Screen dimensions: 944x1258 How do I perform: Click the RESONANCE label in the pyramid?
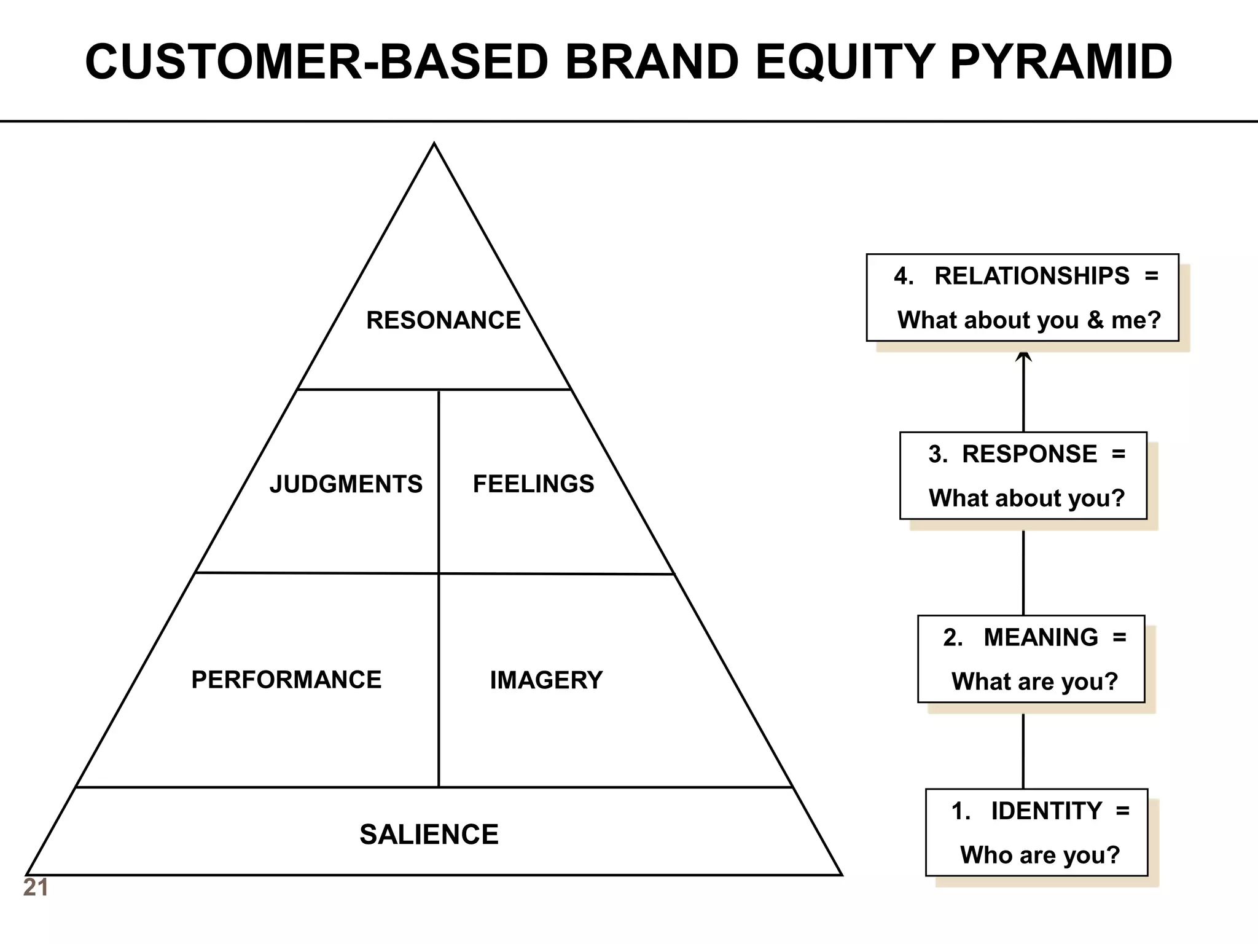point(443,320)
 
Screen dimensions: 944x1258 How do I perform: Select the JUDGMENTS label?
point(346,484)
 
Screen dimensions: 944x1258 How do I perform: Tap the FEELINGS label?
point(533,484)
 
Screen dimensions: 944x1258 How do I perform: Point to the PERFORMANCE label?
point(286,680)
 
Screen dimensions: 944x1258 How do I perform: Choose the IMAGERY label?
point(546,680)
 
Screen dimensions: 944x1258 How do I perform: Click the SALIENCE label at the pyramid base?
point(429,835)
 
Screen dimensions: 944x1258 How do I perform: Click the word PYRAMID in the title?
point(1061,62)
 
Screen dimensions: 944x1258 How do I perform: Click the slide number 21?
point(35,888)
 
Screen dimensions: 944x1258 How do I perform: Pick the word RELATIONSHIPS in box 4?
point(1031,276)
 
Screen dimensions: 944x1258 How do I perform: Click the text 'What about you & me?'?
point(1029,320)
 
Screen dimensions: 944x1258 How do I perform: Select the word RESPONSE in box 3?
point(1029,454)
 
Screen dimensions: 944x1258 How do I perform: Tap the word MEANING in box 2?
point(1041,637)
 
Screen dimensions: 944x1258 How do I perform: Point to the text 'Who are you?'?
point(1040,855)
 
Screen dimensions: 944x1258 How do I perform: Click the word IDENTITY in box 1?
point(1046,811)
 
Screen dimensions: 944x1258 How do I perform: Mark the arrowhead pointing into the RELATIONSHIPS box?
point(1023,356)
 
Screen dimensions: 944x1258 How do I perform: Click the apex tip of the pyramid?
point(434,145)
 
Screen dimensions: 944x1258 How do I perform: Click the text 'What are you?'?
point(1034,682)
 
